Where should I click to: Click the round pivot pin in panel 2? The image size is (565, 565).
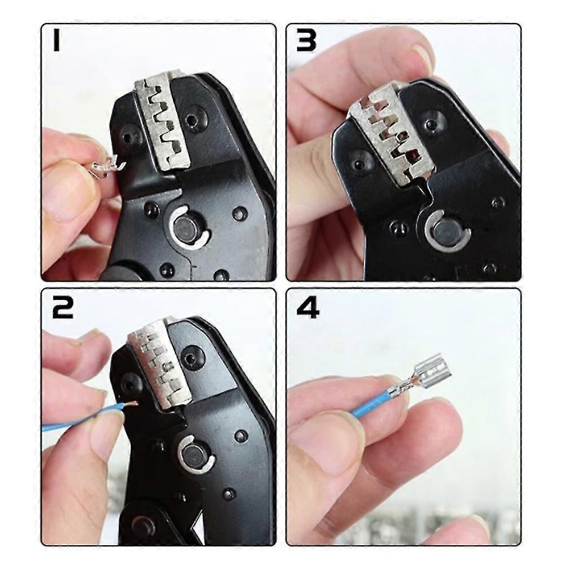click(x=195, y=455)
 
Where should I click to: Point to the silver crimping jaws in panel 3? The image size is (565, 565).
click(x=390, y=136)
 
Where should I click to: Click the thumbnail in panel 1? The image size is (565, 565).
click(x=62, y=192)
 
